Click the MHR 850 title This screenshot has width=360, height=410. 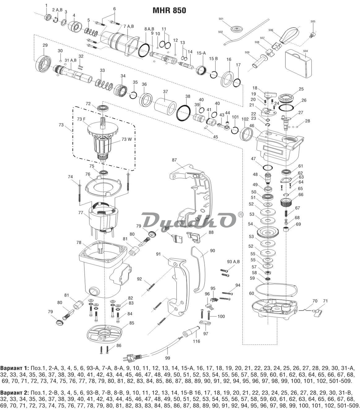(x=169, y=10)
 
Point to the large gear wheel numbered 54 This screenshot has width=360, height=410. (x=267, y=232)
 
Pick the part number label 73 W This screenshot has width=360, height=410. (x=127, y=139)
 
